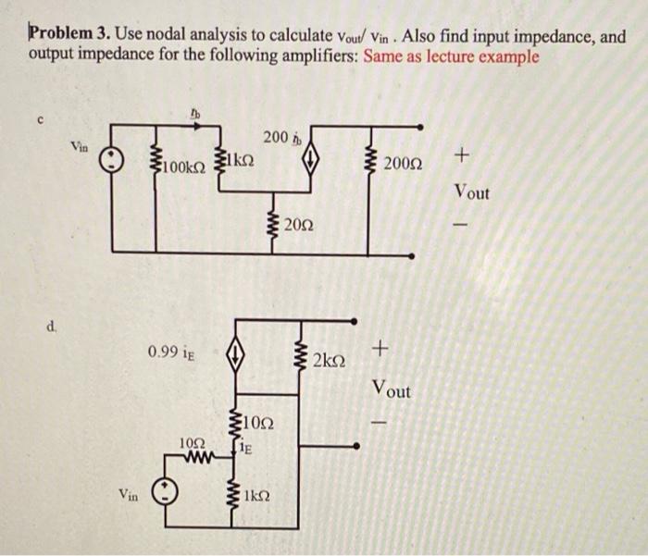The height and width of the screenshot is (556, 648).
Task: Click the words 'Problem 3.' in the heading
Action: click(x=68, y=35)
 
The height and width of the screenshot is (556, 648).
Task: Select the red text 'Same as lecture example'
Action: click(x=452, y=56)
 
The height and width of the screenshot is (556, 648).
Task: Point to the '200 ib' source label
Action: click(x=279, y=139)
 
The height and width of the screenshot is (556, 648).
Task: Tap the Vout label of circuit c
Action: click(x=472, y=192)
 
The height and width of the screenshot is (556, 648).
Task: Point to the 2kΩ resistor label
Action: click(x=330, y=359)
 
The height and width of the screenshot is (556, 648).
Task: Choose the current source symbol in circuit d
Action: click(x=236, y=352)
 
